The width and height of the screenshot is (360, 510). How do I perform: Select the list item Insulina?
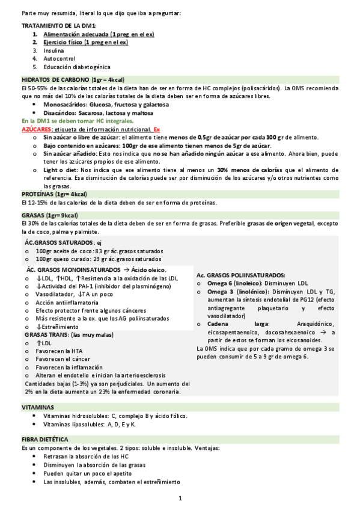53,51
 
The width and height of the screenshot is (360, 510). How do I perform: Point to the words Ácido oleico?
148,270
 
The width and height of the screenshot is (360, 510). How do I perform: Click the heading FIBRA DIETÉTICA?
45,440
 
